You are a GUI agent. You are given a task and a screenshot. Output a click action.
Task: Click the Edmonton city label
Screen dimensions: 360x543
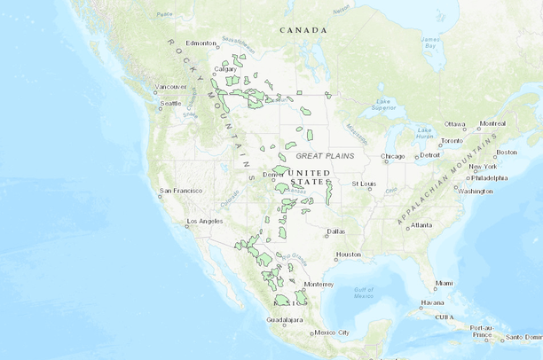coord(201,43)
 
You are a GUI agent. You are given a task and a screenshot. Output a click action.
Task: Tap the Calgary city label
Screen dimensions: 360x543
coord(225,68)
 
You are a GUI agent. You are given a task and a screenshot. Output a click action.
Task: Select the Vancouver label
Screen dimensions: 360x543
coord(170,87)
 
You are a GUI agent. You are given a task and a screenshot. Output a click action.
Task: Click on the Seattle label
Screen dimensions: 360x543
coord(169,103)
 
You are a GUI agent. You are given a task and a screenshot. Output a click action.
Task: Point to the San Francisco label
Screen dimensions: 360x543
coord(180,191)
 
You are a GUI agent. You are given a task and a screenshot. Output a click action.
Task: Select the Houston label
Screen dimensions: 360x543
coord(349,254)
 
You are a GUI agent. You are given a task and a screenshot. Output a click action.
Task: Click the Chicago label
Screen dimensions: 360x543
coord(392,157)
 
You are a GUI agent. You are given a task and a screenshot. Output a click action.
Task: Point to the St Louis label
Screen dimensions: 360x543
coord(363,184)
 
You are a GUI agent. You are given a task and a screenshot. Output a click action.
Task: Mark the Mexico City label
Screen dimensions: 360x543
coord(333,333)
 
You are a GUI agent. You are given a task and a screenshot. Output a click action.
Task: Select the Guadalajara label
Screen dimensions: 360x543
coord(284,319)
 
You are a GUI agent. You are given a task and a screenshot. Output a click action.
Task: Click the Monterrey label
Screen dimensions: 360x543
coord(318,285)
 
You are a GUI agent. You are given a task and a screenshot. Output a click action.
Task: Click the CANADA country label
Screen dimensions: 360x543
coord(303,30)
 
